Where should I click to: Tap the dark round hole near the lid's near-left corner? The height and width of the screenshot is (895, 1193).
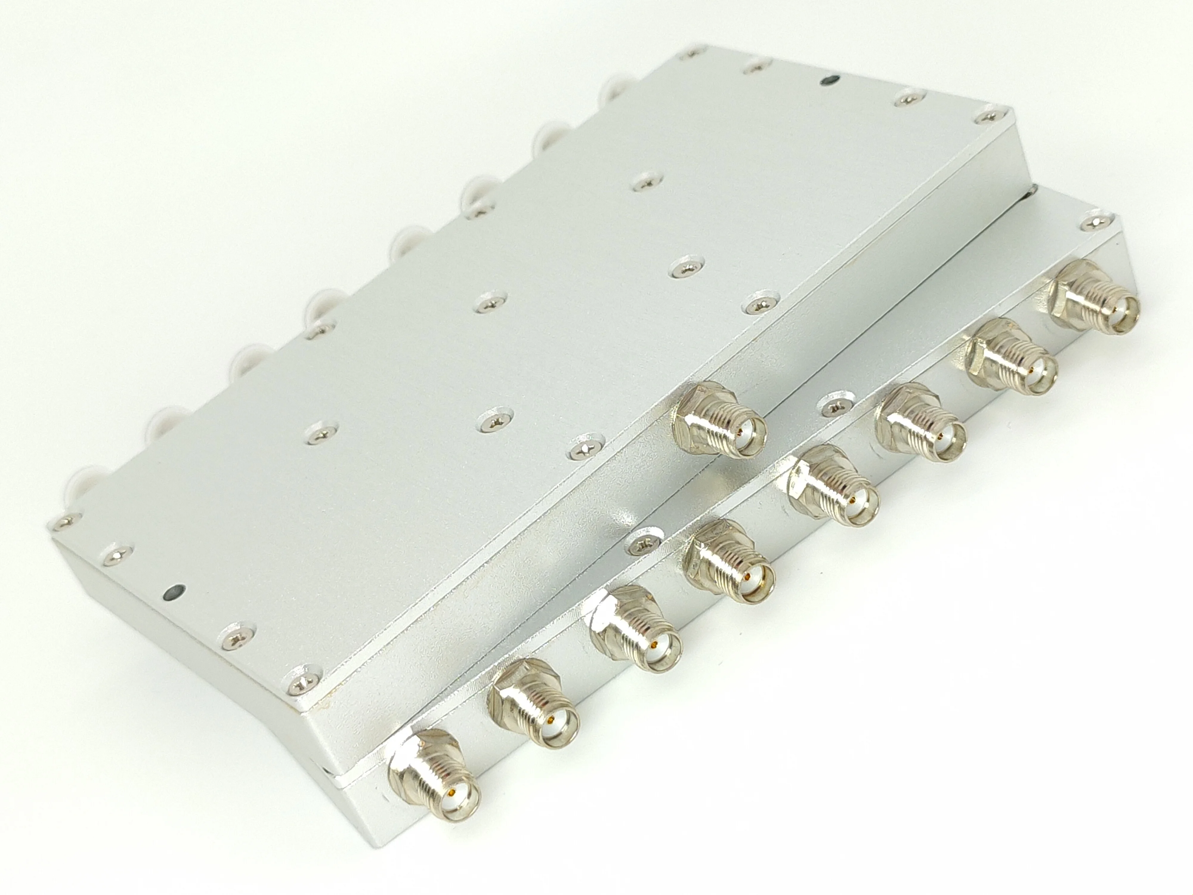pyautogui.click(x=174, y=593)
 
